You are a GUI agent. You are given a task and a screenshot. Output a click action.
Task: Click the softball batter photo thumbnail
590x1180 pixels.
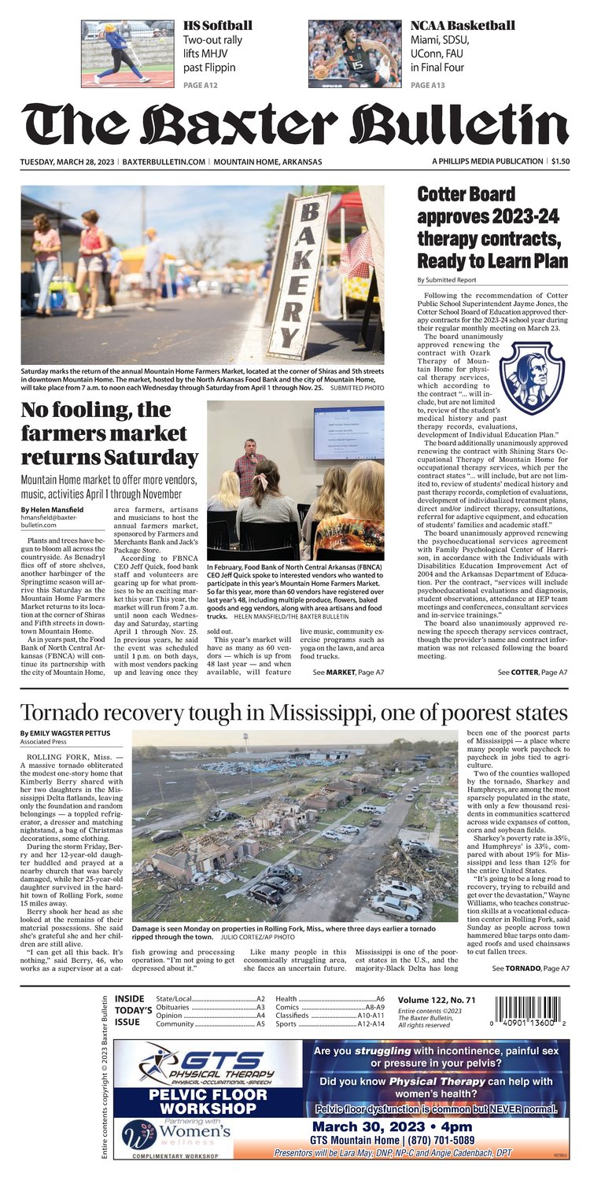coord(127,53)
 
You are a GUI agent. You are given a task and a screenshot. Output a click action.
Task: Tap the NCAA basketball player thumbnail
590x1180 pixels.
coord(355,53)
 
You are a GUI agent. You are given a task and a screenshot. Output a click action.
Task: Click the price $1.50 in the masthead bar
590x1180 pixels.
coord(560,161)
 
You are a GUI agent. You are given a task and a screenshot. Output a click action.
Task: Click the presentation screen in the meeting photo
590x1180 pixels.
coord(348,433)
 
